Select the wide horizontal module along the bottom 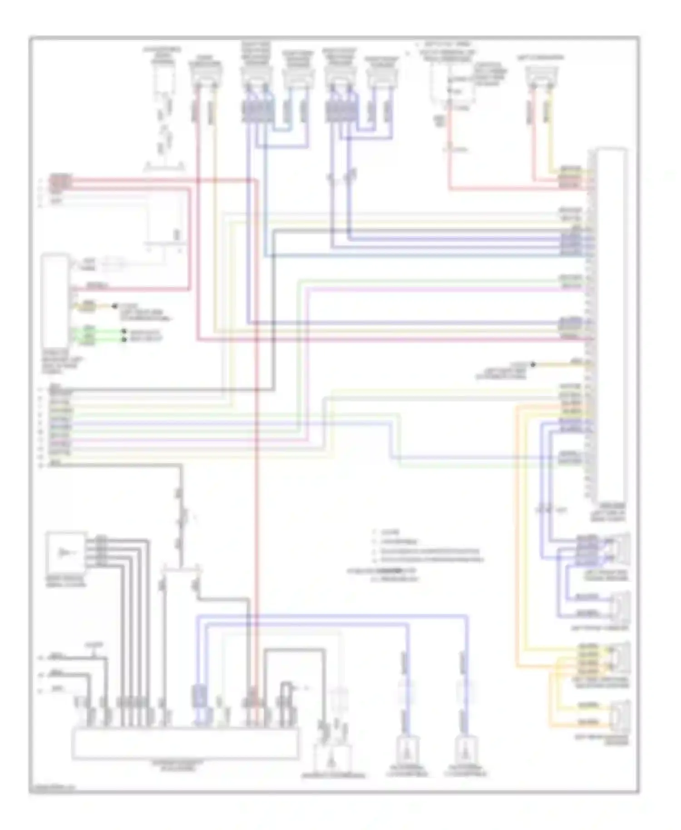click(x=185, y=743)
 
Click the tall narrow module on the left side click(x=55, y=301)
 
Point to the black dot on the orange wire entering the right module click(x=533, y=364)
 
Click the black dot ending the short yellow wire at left click(x=114, y=307)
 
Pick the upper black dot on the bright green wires click(x=123, y=332)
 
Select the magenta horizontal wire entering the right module click(x=445, y=289)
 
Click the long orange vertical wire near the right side click(x=517, y=536)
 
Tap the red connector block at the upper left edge click(x=60, y=181)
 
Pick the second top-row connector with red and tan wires click(x=205, y=77)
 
